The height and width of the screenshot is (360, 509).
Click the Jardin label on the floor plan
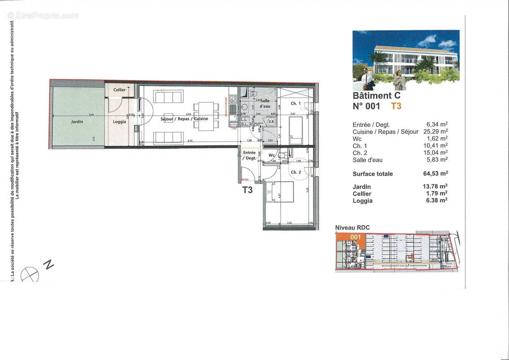click(x=76, y=121)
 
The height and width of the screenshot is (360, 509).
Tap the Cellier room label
click(x=119, y=90)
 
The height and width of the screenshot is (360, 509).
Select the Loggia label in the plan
click(x=119, y=121)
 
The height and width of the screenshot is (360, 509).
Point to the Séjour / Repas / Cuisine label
click(x=185, y=119)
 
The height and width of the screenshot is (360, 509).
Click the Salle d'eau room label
click(x=264, y=104)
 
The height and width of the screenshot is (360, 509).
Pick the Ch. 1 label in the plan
click(x=295, y=103)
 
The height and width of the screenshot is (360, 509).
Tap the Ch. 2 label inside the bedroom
click(x=295, y=172)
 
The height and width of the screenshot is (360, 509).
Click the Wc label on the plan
click(x=272, y=156)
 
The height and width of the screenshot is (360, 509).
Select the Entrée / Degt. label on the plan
click(x=249, y=156)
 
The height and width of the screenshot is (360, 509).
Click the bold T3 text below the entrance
click(x=247, y=190)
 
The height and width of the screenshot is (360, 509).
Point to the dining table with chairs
click(x=206, y=116)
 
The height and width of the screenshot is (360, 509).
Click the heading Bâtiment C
click(x=376, y=95)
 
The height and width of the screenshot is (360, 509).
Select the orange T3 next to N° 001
click(x=396, y=106)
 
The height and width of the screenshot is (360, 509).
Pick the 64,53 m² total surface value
click(x=437, y=174)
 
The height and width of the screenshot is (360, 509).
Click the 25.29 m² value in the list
click(x=437, y=131)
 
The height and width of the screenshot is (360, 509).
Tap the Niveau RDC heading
click(x=353, y=228)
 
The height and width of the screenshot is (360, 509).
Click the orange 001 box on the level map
click(x=356, y=237)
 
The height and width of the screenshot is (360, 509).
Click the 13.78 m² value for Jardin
click(x=437, y=186)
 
